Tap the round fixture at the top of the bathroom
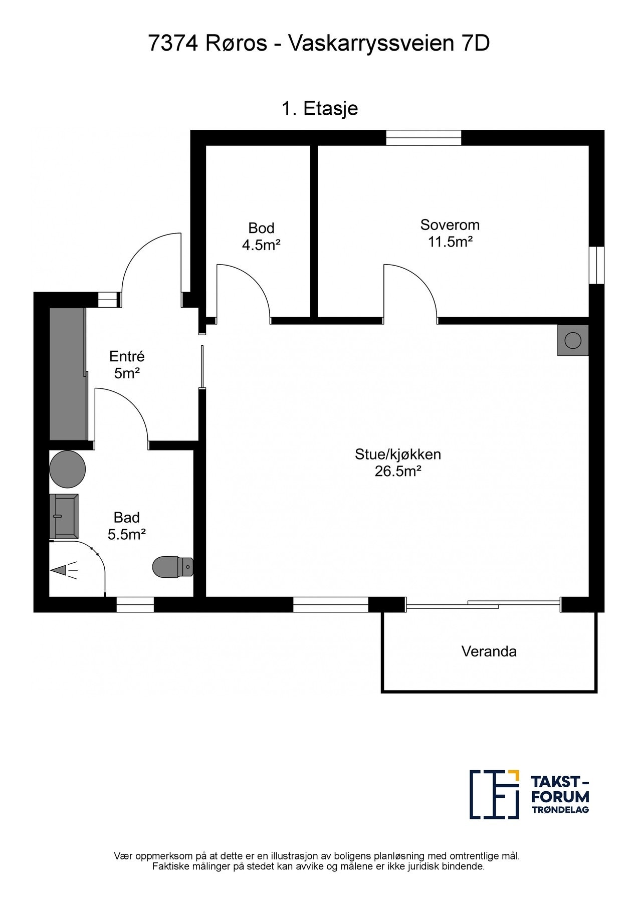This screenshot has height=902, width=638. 67,469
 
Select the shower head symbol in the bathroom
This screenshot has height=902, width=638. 65,570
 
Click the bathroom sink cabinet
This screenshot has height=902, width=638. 64,516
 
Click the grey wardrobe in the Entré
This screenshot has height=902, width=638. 68,374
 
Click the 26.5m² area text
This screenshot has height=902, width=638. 397,472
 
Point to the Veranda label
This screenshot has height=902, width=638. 489,651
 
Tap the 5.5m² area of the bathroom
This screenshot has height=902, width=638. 127,534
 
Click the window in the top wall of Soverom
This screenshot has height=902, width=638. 423,138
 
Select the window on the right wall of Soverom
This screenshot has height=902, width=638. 596,265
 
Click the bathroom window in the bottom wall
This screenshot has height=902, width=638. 135,605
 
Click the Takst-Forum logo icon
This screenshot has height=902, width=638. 494,794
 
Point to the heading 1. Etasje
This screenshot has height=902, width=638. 320,108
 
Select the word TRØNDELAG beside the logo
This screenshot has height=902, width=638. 560,810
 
